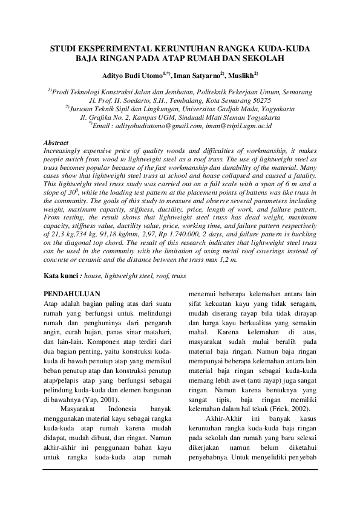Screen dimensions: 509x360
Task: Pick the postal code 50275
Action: tap(265, 100)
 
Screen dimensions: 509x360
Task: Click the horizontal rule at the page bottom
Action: tap(180, 468)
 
